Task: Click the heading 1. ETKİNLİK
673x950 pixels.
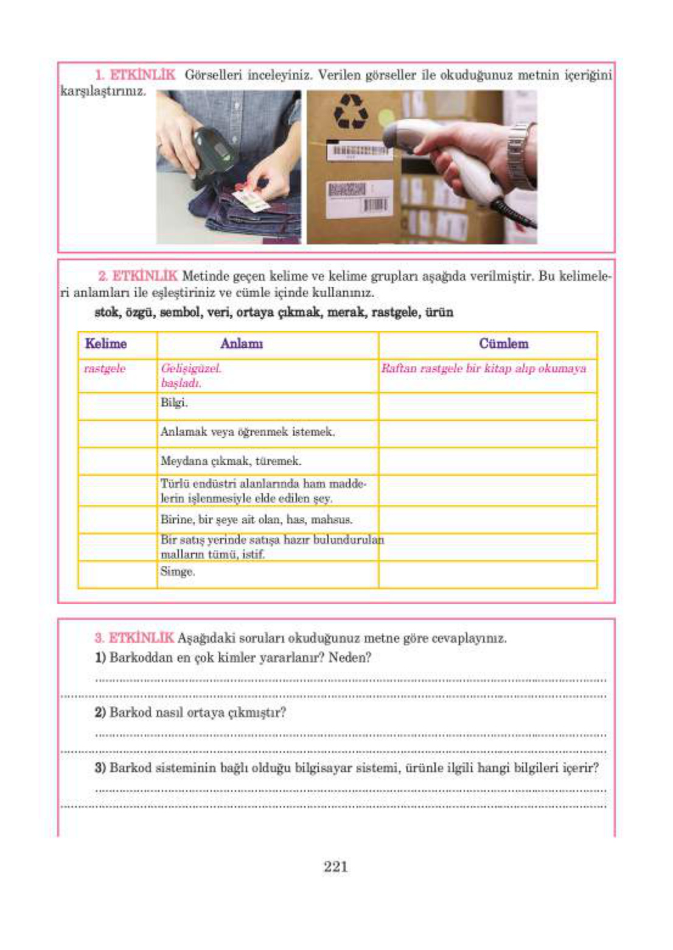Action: pos(135,76)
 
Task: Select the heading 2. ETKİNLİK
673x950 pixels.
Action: pos(138,276)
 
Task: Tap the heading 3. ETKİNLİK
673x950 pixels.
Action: pos(134,638)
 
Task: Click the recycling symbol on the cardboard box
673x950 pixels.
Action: pos(352,112)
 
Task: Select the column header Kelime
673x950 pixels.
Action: pos(106,344)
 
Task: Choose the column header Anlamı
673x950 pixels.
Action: pos(242,344)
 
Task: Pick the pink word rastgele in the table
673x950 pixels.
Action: pos(105,369)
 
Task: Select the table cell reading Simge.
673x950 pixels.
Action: pos(177,572)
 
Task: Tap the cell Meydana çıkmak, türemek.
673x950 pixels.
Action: pos(231,461)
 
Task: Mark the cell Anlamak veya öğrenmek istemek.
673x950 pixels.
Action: pos(247,432)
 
